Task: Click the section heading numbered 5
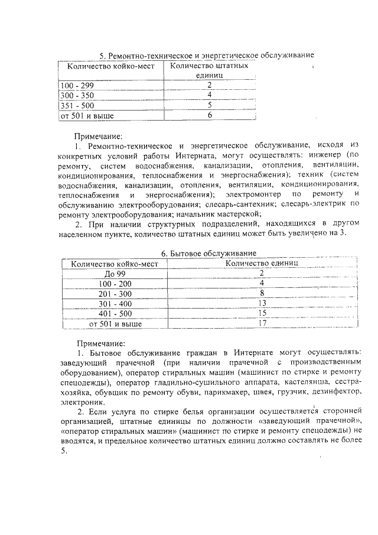206,56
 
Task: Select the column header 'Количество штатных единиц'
208,70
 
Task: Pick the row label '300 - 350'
77,95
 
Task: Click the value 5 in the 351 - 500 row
209,105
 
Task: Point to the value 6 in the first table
209,115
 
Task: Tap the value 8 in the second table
262,294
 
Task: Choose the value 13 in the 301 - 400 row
262,304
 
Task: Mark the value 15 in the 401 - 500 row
262,314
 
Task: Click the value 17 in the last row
262,324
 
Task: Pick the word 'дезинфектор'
335,392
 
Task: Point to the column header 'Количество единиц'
262,264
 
